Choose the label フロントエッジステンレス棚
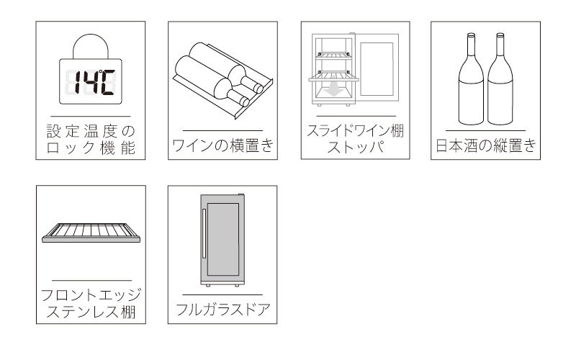[90, 304]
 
